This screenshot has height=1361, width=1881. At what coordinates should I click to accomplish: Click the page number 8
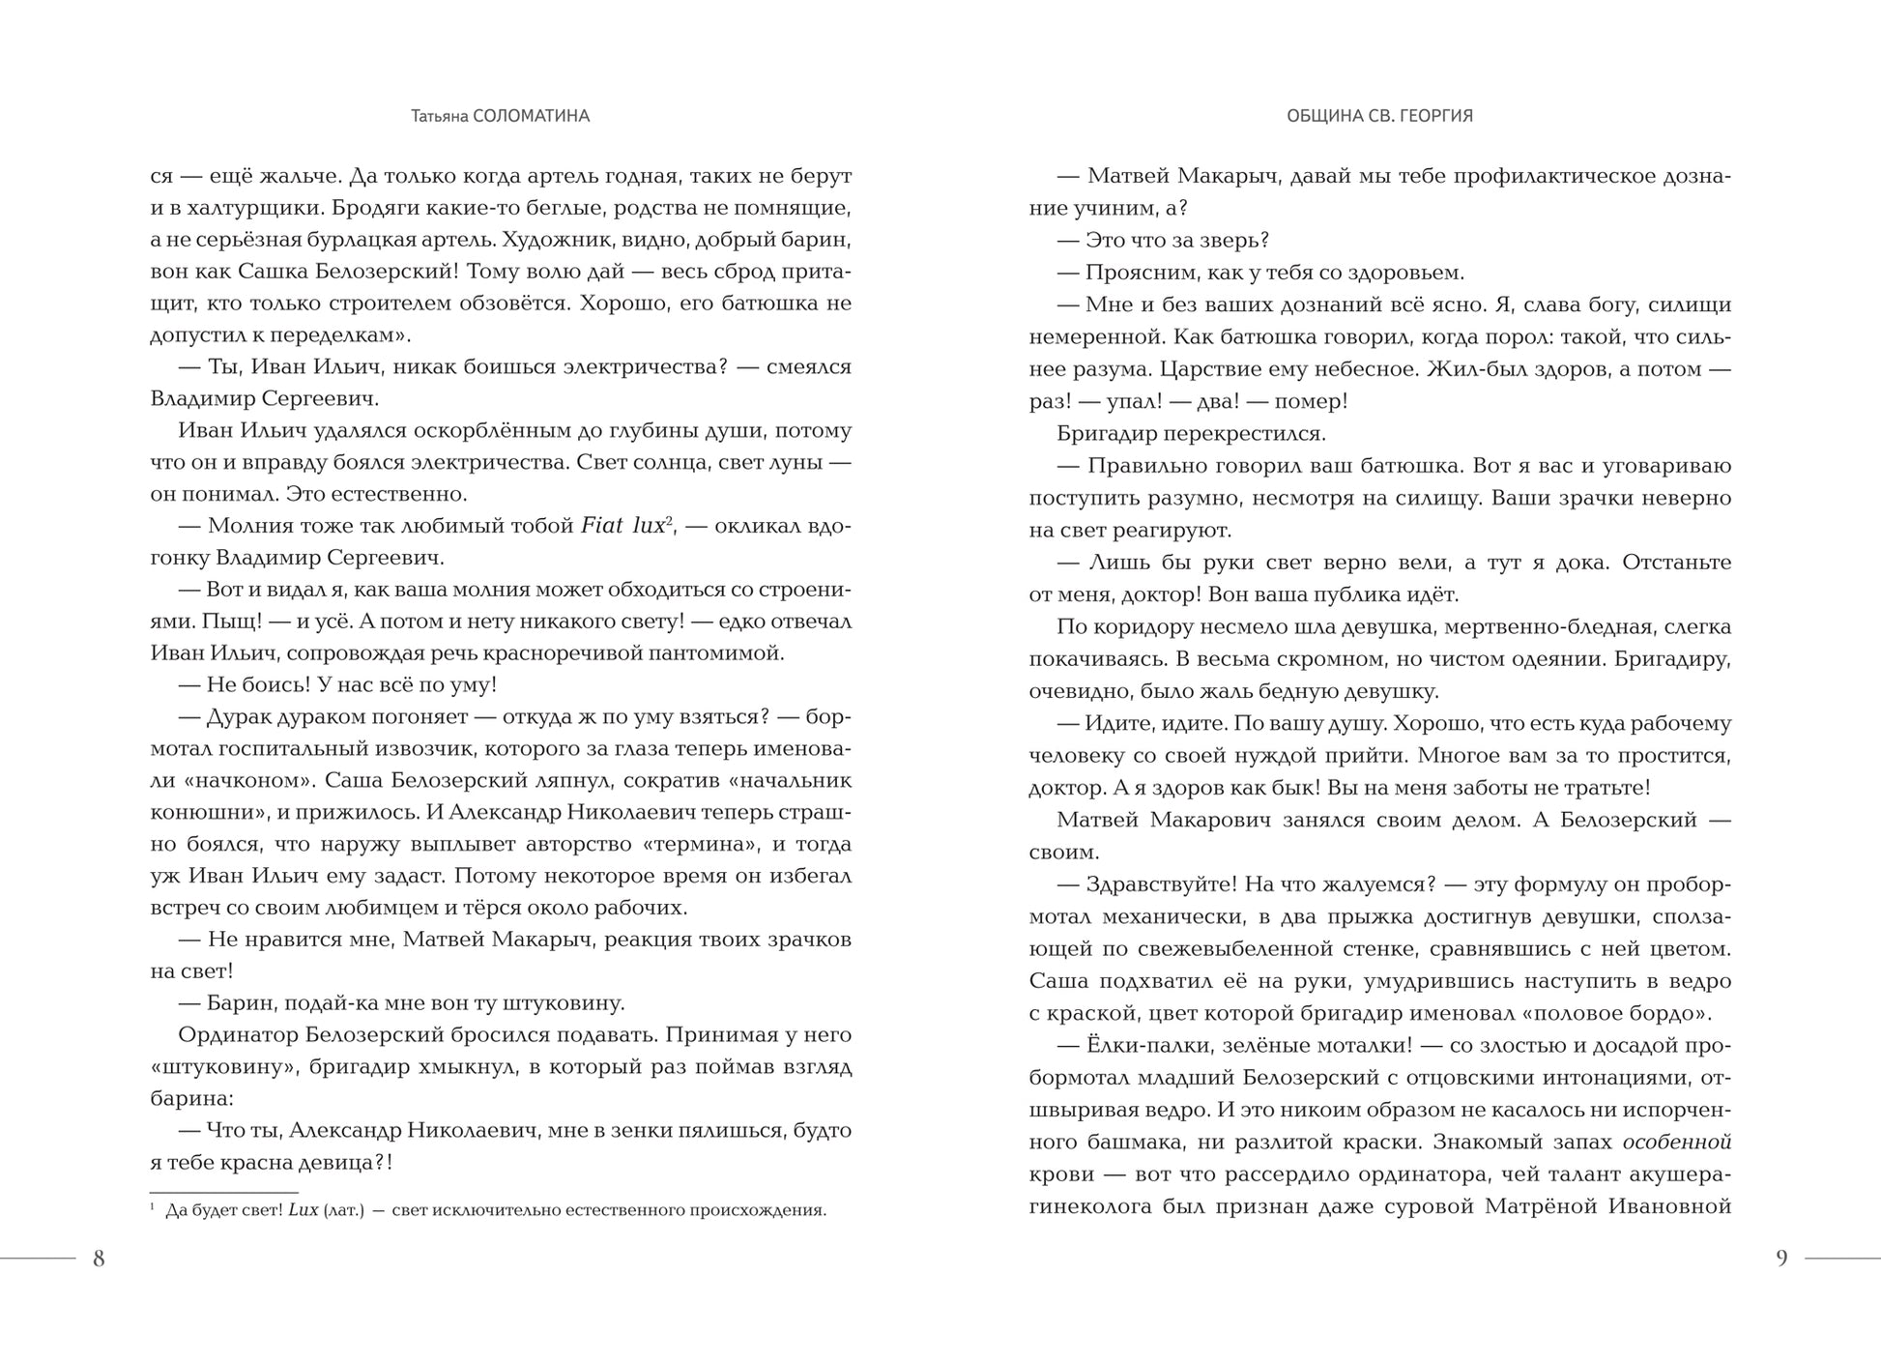tap(99, 1259)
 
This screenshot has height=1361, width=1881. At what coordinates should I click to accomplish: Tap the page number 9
tap(1781, 1259)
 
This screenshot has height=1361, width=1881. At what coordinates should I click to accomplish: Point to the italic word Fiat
tap(602, 526)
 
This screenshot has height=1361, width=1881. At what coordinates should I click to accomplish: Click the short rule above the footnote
tap(224, 1193)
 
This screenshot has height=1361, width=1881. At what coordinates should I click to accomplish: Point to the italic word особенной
tap(1676, 1143)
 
